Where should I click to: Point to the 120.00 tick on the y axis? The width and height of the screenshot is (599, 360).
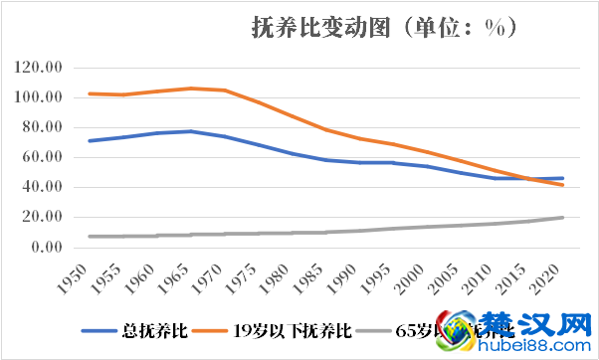point(41,68)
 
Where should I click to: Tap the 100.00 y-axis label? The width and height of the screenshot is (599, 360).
point(41,97)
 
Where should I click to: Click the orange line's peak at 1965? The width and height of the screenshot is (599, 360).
point(190,89)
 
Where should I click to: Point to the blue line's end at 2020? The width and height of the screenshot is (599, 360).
point(562,178)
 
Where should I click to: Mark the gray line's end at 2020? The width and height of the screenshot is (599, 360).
point(562,218)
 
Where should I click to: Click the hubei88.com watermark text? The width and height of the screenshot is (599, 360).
point(537,345)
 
